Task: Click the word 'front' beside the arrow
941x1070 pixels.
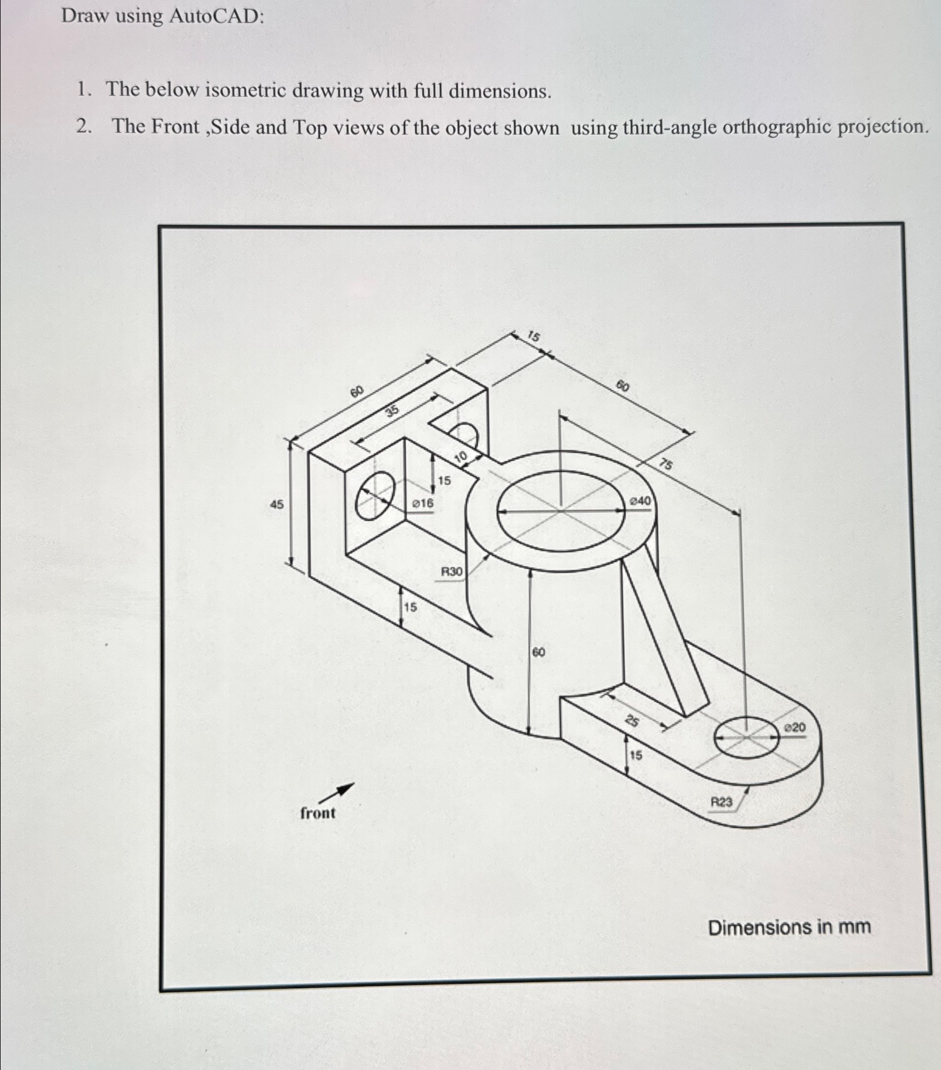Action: click(318, 813)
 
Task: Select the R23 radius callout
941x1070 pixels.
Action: click(721, 801)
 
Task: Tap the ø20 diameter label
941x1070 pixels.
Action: click(795, 728)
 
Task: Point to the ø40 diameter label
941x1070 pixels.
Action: click(640, 501)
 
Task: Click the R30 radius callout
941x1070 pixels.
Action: click(451, 572)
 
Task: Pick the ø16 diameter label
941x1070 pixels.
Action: click(423, 503)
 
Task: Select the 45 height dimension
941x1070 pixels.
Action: click(276, 505)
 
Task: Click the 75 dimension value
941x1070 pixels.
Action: click(665, 465)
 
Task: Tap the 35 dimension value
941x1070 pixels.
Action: click(392, 411)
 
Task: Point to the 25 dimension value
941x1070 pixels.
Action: click(632, 721)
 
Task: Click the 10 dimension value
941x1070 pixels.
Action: click(461, 456)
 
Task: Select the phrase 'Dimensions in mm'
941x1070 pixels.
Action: click(789, 927)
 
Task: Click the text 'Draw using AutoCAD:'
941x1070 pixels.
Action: click(163, 16)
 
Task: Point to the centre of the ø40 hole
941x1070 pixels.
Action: click(561, 511)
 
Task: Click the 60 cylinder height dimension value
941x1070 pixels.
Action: click(539, 652)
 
